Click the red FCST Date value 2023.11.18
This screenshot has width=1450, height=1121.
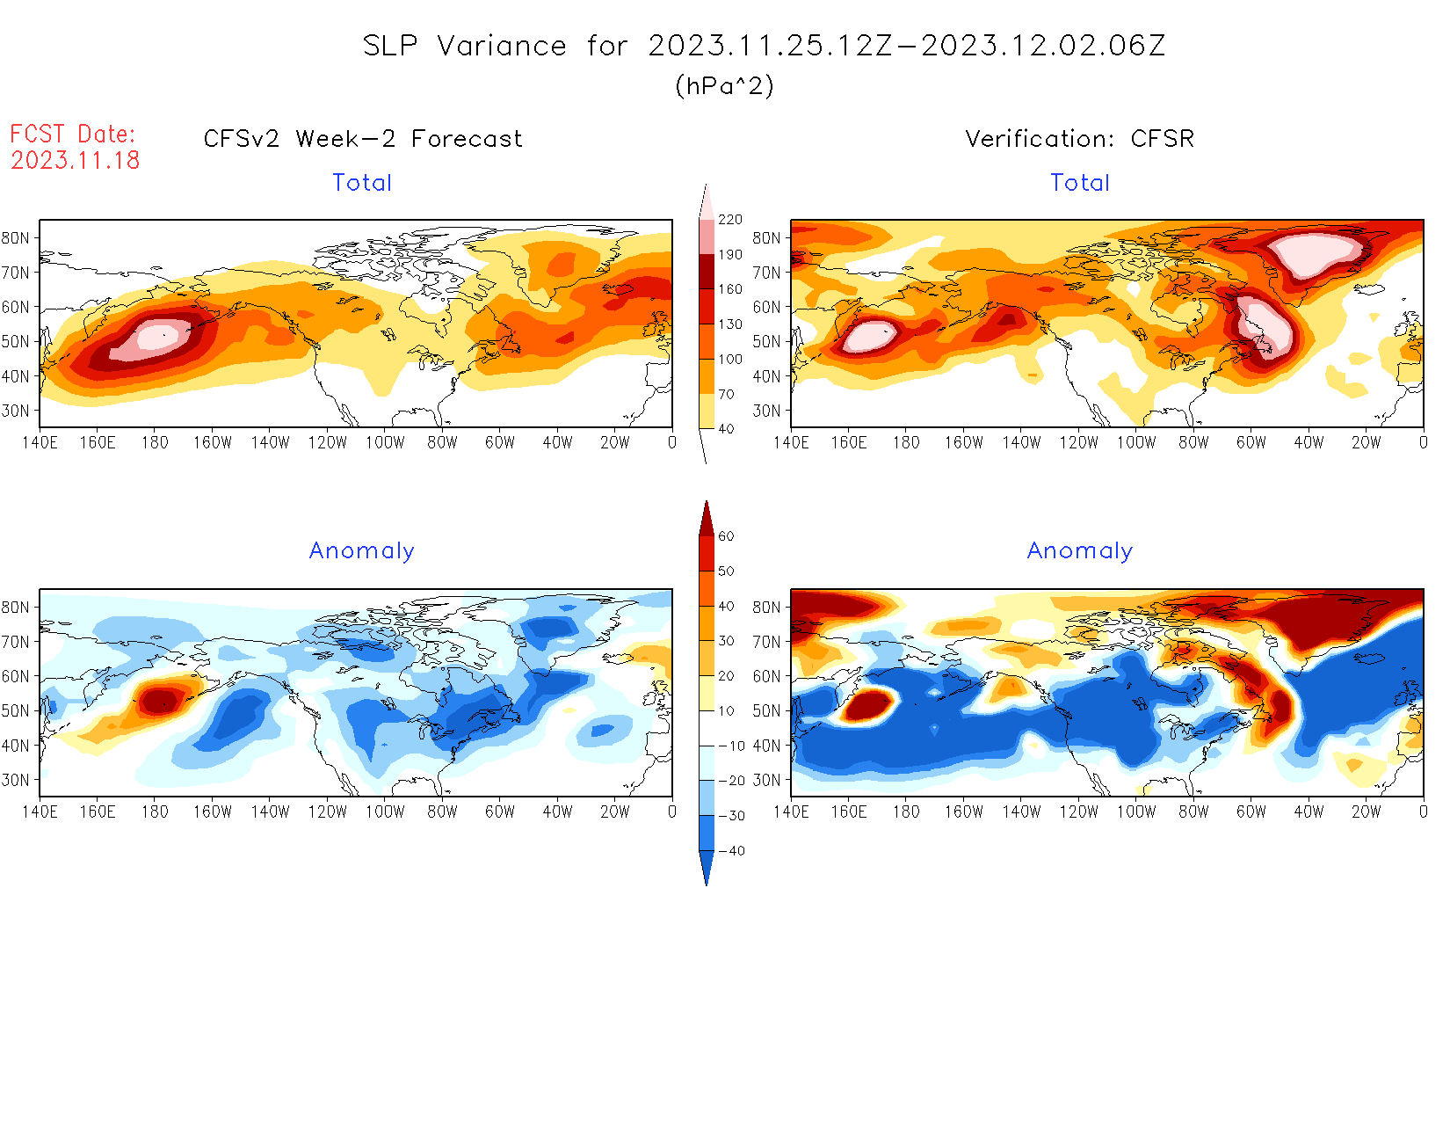[76, 160]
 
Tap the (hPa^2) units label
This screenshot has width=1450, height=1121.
[724, 85]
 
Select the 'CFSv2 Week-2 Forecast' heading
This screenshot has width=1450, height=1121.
[363, 139]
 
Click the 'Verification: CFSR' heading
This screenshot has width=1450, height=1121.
[1079, 139]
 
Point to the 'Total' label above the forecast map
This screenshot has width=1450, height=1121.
[362, 183]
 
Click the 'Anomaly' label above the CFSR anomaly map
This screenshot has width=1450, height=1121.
[1080, 551]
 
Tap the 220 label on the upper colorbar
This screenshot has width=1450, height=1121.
[729, 220]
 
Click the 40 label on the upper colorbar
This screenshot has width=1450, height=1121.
[726, 429]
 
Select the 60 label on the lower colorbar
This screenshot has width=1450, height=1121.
[726, 536]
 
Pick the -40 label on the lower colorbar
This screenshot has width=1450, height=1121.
[731, 851]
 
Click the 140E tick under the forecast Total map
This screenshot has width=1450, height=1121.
[40, 442]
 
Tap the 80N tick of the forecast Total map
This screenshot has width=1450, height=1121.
[16, 237]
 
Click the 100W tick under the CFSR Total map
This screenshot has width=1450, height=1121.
[1135, 442]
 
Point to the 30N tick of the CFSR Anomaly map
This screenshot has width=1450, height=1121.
[766, 780]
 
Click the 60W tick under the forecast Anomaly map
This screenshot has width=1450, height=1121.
[499, 812]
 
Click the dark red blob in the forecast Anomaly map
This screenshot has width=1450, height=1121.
[159, 701]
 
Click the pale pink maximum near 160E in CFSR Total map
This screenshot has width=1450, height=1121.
[867, 335]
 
